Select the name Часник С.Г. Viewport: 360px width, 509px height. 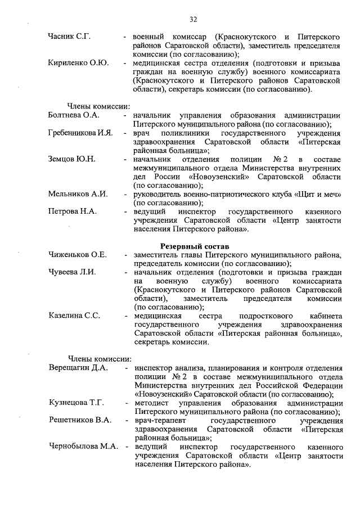[x=70, y=37]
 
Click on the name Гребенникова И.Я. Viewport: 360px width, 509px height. [x=81, y=133]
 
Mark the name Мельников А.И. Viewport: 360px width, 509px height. [x=78, y=194]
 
